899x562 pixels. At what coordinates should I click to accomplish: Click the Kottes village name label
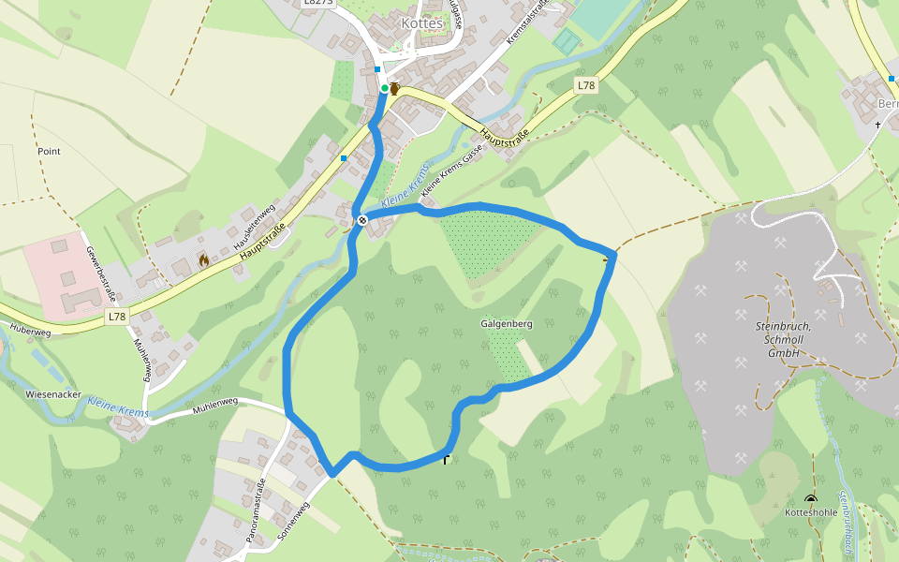coord(420,23)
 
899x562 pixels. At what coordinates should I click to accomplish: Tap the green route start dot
coord(384,88)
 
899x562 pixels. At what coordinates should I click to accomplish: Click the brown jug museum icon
coord(395,89)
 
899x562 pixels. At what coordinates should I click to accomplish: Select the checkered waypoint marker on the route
coord(361,220)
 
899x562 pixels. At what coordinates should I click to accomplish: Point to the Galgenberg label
coord(507,324)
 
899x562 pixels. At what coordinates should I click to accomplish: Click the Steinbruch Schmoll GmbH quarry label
coord(783,338)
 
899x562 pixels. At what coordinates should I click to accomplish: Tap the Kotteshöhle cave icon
coord(810,500)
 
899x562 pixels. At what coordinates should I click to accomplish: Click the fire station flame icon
coord(203,259)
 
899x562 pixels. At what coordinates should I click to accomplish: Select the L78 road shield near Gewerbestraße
coord(116,317)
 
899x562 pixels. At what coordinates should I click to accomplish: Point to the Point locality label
coord(49,151)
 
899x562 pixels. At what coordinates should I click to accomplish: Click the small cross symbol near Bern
coord(877,124)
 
